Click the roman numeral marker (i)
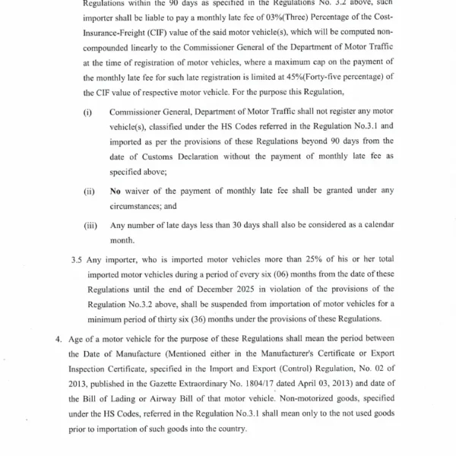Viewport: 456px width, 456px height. coord(87,112)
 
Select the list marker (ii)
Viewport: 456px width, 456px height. coord(88,191)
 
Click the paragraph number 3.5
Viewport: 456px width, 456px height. coord(77,259)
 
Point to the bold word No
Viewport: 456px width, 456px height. coord(116,191)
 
